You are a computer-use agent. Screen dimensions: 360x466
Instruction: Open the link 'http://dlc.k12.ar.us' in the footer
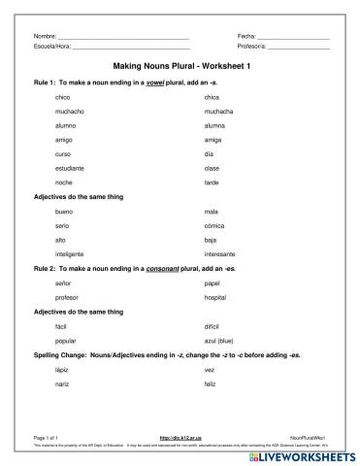pyautogui.click(x=180, y=437)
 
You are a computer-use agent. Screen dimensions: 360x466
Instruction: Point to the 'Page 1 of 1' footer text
pyautogui.click(x=46, y=437)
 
